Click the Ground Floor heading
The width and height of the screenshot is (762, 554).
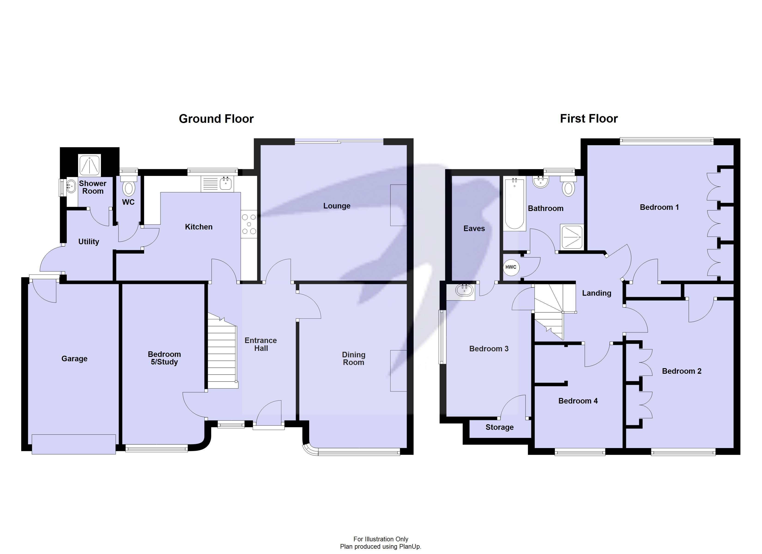click(x=216, y=119)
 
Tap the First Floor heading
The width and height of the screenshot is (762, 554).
click(x=589, y=119)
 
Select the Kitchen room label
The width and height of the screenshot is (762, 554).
click(x=199, y=227)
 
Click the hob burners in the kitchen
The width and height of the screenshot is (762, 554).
click(x=249, y=224)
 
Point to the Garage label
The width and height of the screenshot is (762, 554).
click(x=74, y=358)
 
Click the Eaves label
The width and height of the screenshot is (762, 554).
click(x=474, y=229)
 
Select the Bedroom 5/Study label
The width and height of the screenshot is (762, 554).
click(x=164, y=358)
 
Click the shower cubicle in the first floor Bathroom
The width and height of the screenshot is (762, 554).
click(x=571, y=237)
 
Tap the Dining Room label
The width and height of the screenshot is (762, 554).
click(x=354, y=358)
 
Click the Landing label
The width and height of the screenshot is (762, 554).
click(x=596, y=293)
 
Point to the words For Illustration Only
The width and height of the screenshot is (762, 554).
click(x=381, y=539)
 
